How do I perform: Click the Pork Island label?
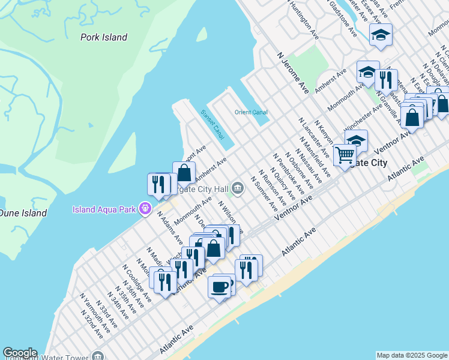pyautogui.click(x=104, y=37)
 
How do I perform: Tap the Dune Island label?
pyautogui.click(x=23, y=213)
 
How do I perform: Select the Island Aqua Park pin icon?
pyautogui.click(x=145, y=209)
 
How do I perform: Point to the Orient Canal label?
pyautogui.click(x=251, y=112)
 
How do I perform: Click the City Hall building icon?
pyautogui.click(x=238, y=189)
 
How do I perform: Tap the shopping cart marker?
pyautogui.click(x=345, y=155)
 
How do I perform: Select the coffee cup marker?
pyautogui.click(x=219, y=286)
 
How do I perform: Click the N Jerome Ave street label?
pyautogui.click(x=293, y=72)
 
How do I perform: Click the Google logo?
pyautogui.click(x=20, y=353)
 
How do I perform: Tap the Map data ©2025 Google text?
pyautogui.click(x=412, y=355)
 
